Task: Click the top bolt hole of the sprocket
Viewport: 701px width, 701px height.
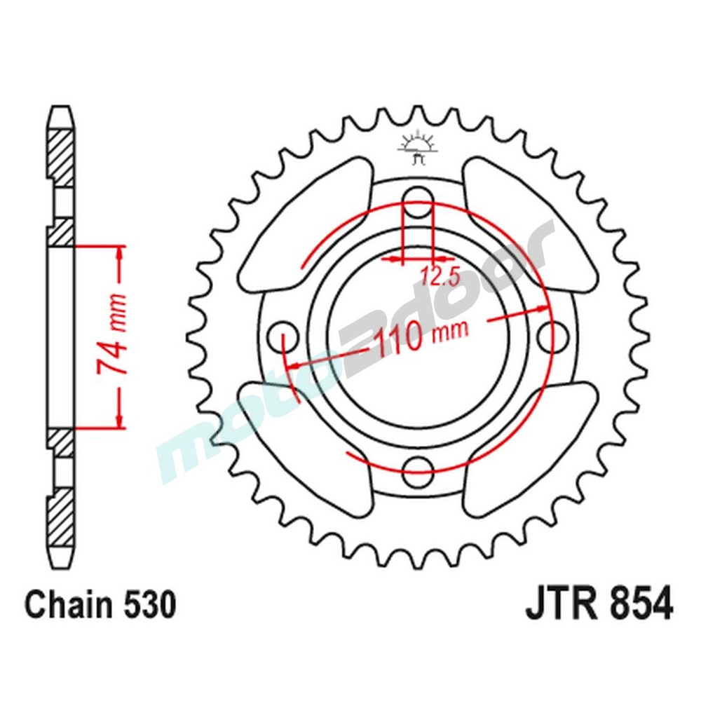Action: [x=418, y=198]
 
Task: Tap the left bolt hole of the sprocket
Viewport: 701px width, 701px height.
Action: [x=283, y=333]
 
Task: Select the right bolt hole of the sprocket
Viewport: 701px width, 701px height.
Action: [x=554, y=334]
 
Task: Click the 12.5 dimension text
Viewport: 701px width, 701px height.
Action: [x=440, y=277]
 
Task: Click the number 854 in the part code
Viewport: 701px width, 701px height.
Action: [x=638, y=604]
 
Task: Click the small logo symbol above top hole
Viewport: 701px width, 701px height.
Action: [x=418, y=148]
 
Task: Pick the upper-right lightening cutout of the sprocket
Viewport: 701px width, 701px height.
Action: [x=526, y=228]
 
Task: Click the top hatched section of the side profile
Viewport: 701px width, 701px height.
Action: [x=61, y=156]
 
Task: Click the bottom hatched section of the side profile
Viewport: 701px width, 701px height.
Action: [x=61, y=515]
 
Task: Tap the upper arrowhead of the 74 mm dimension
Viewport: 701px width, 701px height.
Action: [x=120, y=254]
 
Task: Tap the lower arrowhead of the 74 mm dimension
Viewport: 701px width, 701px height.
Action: [x=120, y=418]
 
